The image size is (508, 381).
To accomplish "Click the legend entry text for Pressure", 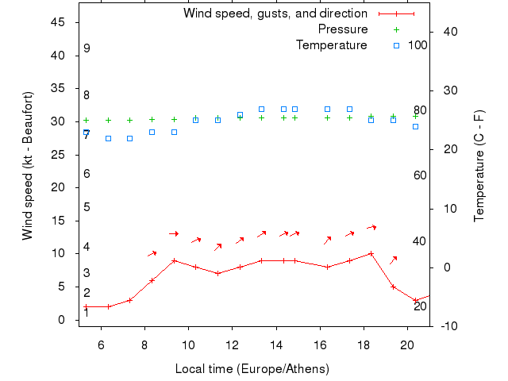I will click(x=342, y=29).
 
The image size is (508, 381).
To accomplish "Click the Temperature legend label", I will click(x=331, y=45).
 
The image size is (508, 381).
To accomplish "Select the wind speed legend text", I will click(x=275, y=13).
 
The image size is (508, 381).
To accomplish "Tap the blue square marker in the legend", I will click(x=396, y=45).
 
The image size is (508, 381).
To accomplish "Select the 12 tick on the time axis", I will click(x=232, y=345).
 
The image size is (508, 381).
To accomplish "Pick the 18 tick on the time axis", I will click(x=364, y=345).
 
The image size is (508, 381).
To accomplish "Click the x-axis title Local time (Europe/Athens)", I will click(x=252, y=369).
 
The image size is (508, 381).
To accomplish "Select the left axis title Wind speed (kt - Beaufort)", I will click(x=27, y=165).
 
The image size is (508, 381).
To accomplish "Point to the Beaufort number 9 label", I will click(x=87, y=48).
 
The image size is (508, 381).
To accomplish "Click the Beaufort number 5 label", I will click(x=87, y=207).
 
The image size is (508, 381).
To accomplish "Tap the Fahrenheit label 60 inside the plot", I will click(x=421, y=175).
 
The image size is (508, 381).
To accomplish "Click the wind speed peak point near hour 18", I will click(x=371, y=254).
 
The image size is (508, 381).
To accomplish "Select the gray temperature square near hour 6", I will click(x=108, y=138).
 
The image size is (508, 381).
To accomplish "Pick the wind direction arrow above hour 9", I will click(x=174, y=233).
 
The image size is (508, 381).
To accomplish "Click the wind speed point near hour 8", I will click(x=152, y=280).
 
